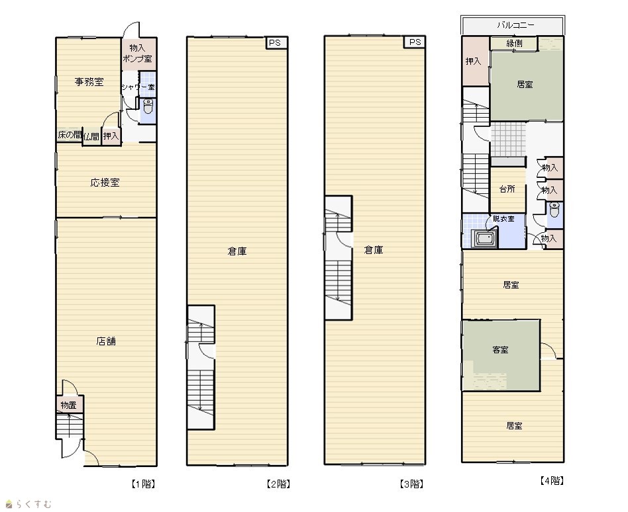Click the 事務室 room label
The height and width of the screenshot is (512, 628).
(89, 82)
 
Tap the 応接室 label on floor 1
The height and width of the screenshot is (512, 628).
(105, 183)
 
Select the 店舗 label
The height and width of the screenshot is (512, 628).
(106, 341)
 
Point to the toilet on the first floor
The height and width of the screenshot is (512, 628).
(148, 107)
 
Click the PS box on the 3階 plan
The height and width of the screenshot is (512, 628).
(415, 42)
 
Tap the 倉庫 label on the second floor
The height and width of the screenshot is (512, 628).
(237, 251)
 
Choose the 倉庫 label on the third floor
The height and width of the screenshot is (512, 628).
(374, 251)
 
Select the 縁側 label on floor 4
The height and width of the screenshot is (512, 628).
(514, 43)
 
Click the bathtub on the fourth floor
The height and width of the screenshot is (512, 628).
(485, 239)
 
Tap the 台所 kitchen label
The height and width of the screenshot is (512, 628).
(507, 189)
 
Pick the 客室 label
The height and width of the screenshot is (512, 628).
(500, 350)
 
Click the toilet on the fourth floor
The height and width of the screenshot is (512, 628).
(554, 210)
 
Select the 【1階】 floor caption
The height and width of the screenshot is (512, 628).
(143, 484)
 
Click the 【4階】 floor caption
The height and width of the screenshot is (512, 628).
(552, 481)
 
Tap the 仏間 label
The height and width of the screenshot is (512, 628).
(91, 137)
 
